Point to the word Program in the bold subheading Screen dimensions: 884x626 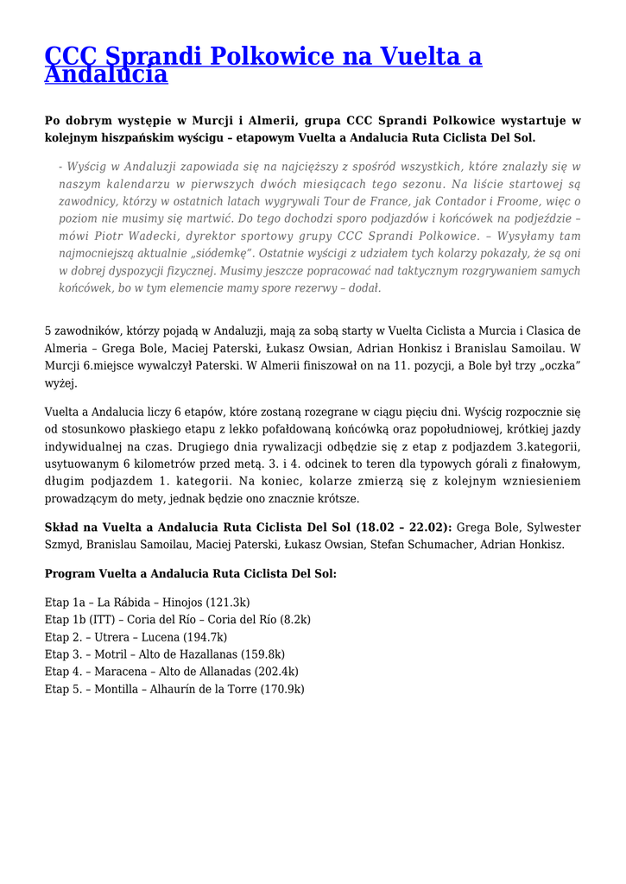point(70,573)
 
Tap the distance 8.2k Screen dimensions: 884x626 point(293,619)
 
